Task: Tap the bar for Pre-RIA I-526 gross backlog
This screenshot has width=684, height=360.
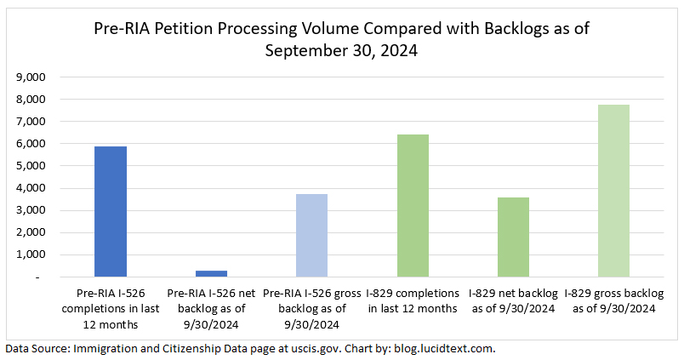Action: coord(311,236)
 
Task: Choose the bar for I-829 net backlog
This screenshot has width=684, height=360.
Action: coord(513,237)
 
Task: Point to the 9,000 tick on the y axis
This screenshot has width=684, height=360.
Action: coord(30,77)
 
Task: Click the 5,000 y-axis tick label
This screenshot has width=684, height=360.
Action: coord(30,166)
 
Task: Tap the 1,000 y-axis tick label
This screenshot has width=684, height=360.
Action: coord(30,255)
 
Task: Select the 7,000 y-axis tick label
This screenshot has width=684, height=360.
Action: coord(30,122)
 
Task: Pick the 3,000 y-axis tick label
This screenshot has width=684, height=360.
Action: coord(30,210)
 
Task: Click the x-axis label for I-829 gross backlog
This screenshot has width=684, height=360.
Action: coord(613,301)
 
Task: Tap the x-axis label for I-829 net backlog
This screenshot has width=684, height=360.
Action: coord(513,301)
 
